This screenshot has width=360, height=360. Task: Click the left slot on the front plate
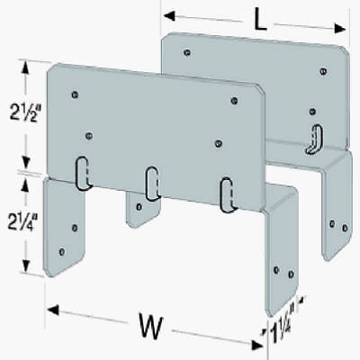click(x=82, y=172)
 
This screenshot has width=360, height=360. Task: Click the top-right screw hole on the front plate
click(x=234, y=101)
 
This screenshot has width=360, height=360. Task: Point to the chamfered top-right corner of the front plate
click(x=260, y=91)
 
